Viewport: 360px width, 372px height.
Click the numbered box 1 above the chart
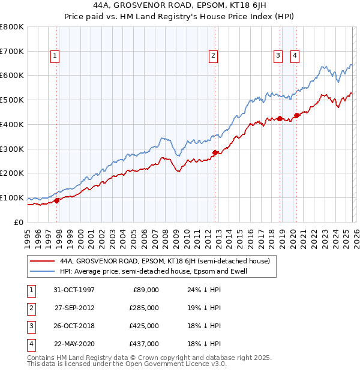coord(55,56)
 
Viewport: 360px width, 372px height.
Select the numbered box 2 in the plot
coord(213,56)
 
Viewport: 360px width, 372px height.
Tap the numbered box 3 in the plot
coord(278,56)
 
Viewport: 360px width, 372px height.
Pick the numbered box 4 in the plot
coord(295,56)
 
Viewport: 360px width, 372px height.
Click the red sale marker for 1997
coord(57,200)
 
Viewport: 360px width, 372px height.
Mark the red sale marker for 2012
coord(215,152)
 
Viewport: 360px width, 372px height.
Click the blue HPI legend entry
coord(153,271)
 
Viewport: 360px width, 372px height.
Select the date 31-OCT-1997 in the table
coord(74,290)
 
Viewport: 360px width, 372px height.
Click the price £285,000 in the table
coord(144,308)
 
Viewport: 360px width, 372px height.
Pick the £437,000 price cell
coord(144,344)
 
